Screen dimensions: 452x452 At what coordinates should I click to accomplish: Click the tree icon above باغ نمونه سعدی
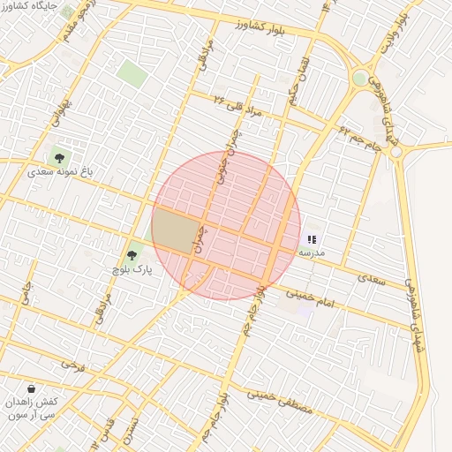point(60,159)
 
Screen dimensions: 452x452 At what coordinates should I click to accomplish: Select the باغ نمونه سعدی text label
point(61,172)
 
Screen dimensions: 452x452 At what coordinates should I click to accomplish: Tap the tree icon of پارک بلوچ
point(132,256)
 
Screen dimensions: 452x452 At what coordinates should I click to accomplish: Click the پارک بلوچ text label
point(132,269)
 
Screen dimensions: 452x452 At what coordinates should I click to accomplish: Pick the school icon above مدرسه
point(311,239)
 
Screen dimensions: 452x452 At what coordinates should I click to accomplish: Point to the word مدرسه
point(311,252)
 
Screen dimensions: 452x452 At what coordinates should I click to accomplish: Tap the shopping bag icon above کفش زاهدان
point(32,388)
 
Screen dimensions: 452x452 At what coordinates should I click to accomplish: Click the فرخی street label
point(72,363)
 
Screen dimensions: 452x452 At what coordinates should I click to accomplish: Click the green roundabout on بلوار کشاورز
point(359,79)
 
